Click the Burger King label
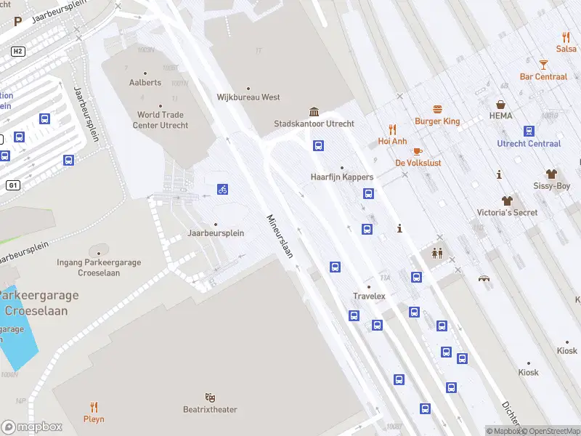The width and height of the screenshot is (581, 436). tap(437, 121)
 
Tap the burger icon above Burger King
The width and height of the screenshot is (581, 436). tap(437, 109)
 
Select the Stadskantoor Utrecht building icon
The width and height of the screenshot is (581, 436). tap(314, 111)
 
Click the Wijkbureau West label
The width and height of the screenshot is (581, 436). tap(248, 97)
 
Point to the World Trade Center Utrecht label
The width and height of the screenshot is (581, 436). tap(163, 120)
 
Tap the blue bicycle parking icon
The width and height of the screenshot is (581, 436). tap(222, 190)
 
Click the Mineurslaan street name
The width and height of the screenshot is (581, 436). tap(279, 236)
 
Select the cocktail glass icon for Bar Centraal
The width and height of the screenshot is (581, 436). tap(543, 65)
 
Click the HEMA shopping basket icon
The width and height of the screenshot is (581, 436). tap(500, 105)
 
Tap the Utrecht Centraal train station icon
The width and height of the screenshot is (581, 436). tap(529, 131)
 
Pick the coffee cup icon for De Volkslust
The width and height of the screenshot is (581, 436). tap(418, 151)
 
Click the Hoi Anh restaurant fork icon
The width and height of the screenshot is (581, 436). tap(392, 129)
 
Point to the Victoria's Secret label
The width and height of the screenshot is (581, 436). tap(507, 212)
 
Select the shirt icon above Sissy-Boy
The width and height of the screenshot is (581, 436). tap(551, 174)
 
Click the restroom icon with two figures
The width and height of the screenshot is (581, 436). tap(438, 254)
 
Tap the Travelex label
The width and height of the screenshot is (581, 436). tap(369, 296)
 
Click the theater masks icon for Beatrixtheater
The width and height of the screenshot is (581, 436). tap(210, 397)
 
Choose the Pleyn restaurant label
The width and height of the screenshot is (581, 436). tap(94, 419)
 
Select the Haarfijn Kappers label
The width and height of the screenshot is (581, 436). tap(342, 177)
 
